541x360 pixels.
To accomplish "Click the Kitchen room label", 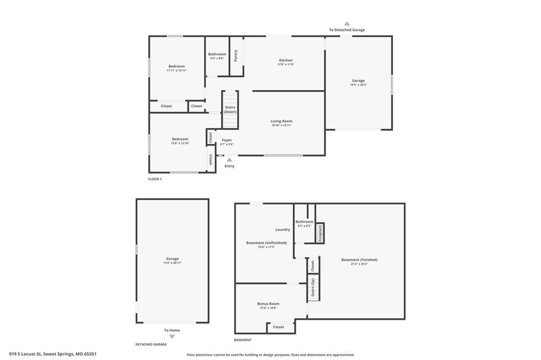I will click(285, 60).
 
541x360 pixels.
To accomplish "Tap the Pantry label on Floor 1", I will click(236, 55).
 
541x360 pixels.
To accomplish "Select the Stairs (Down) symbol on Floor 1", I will click(230, 109).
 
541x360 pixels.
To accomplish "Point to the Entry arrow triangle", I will click(229, 159).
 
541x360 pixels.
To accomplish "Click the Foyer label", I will click(227, 140).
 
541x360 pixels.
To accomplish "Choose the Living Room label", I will click(281, 121).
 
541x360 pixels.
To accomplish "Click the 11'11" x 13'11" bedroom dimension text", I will click(176, 70).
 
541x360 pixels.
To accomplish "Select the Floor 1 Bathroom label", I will click(217, 54).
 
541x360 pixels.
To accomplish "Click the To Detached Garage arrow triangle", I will click(347, 24).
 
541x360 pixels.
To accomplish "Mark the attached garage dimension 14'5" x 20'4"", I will click(358, 85).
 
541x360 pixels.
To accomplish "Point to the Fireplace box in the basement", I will click(319, 233).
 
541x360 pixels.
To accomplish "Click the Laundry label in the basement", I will click(283, 229).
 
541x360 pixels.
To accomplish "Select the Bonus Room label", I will click(268, 303).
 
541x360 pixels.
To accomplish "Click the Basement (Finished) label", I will click(359, 260).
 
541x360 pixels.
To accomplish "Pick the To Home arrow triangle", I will click(172, 336).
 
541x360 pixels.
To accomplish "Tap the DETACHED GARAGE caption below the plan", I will click(151, 344).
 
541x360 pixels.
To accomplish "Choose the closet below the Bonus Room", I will click(278, 327).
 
